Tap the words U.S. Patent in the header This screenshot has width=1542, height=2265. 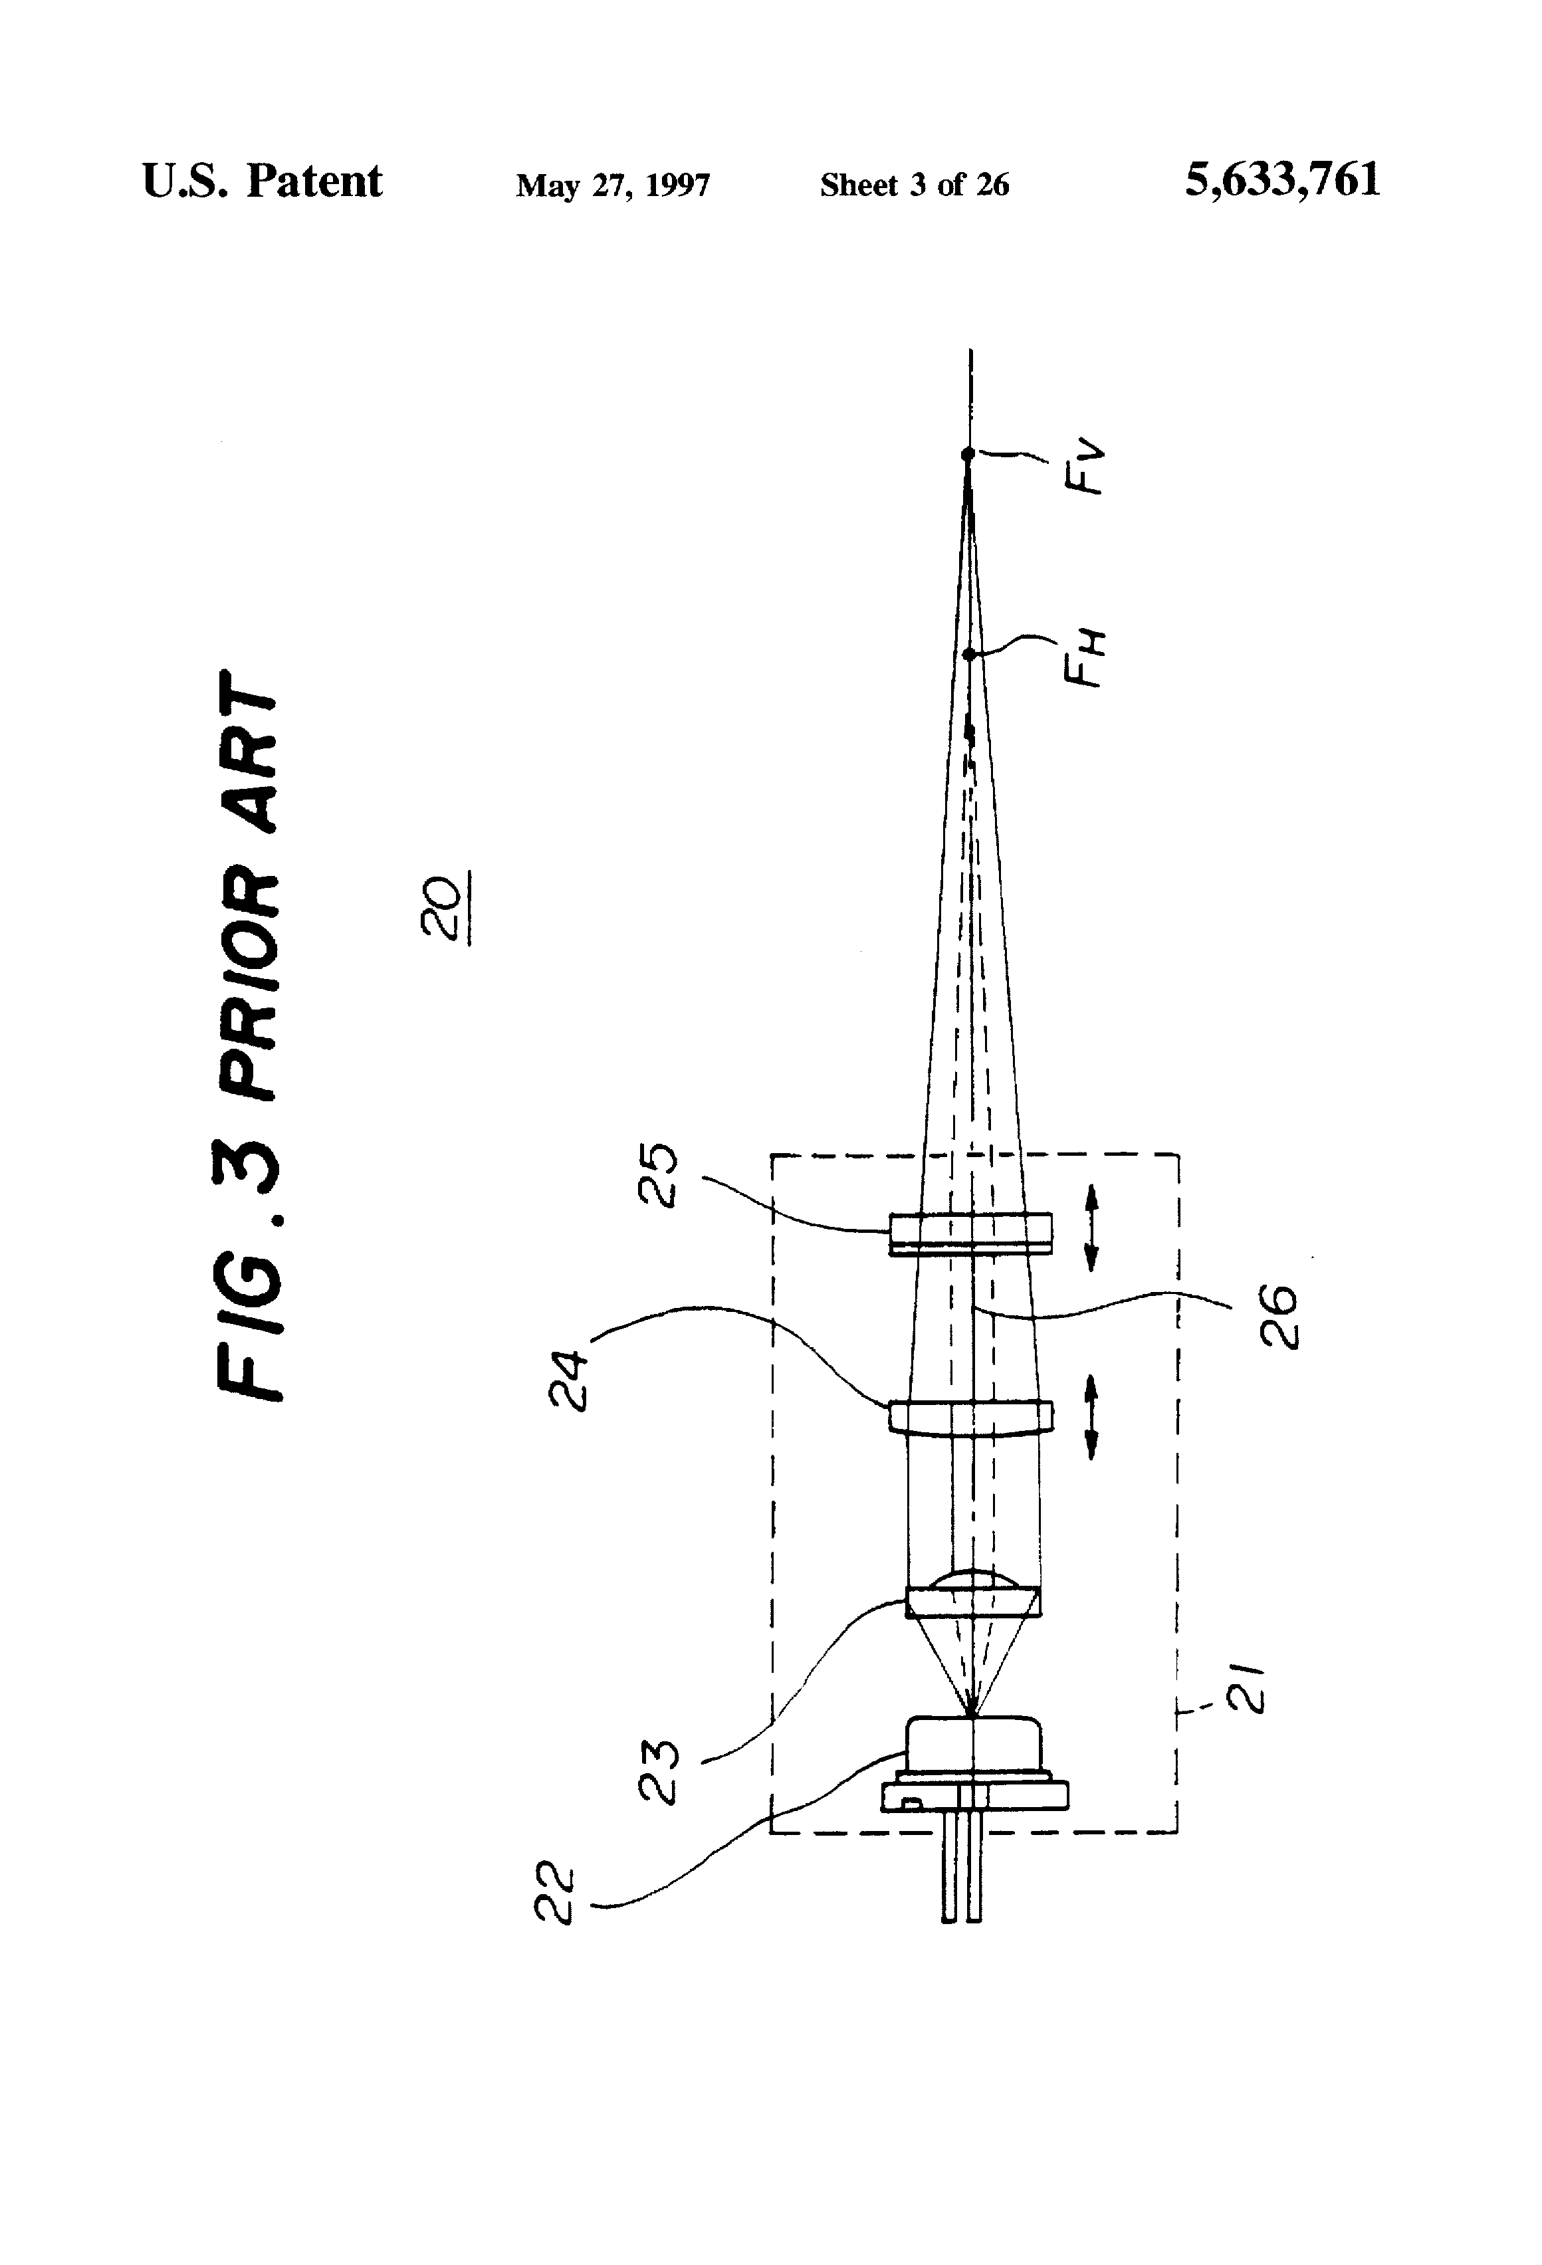[262, 181]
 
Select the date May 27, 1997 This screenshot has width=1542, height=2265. [613, 185]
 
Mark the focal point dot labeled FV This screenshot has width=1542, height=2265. [968, 454]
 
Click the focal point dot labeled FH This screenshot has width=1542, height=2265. [969, 655]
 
